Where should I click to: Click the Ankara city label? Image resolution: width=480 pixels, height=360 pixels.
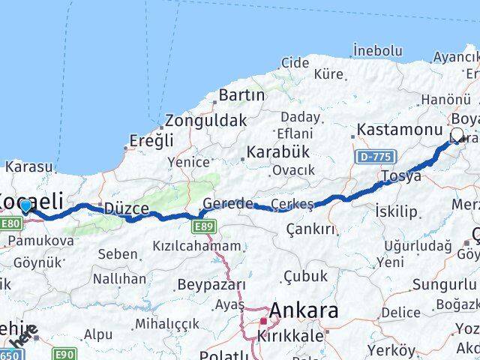coord(304,310)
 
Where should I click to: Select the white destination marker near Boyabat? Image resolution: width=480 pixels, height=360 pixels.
coord(457,135)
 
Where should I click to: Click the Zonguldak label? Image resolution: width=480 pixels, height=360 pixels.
coord(205,120)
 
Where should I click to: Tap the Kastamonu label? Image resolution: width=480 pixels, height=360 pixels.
coord(400,130)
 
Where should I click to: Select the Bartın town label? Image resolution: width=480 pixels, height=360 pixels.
coord(241,95)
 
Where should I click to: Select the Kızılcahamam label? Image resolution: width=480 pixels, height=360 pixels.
coord(196,245)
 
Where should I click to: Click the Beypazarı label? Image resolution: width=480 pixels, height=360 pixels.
coord(211,285)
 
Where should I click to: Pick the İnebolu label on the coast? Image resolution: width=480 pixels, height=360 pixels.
coord(377,51)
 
